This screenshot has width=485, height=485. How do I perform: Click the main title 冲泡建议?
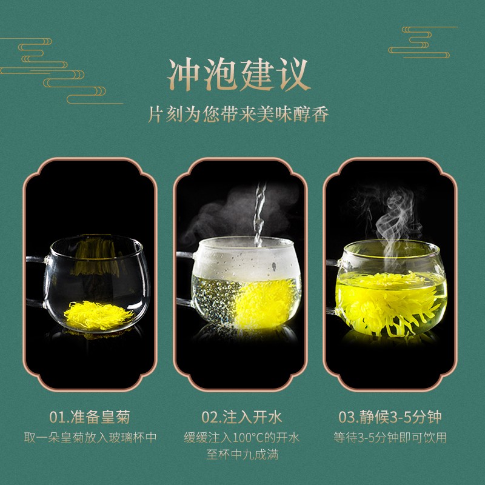pos(238,75)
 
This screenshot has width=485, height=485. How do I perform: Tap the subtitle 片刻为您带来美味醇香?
pos(238,115)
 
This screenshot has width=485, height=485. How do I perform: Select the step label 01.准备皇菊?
pos(90,416)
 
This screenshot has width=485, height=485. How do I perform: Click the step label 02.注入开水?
pos(241,416)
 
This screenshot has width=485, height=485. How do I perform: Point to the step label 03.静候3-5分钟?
pos(390,416)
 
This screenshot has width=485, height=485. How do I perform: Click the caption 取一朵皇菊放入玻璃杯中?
pos(90,437)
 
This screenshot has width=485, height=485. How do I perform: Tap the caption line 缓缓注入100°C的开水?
pos(242,437)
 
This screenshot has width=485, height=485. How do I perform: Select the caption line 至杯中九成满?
pos(242,454)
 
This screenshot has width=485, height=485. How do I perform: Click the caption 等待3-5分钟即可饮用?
pos(390,437)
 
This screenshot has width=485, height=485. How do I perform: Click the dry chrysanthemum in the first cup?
pos(98,315)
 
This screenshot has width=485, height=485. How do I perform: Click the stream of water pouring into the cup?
pos(259,215)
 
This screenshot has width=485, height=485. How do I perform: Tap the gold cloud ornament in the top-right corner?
pos(423,42)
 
